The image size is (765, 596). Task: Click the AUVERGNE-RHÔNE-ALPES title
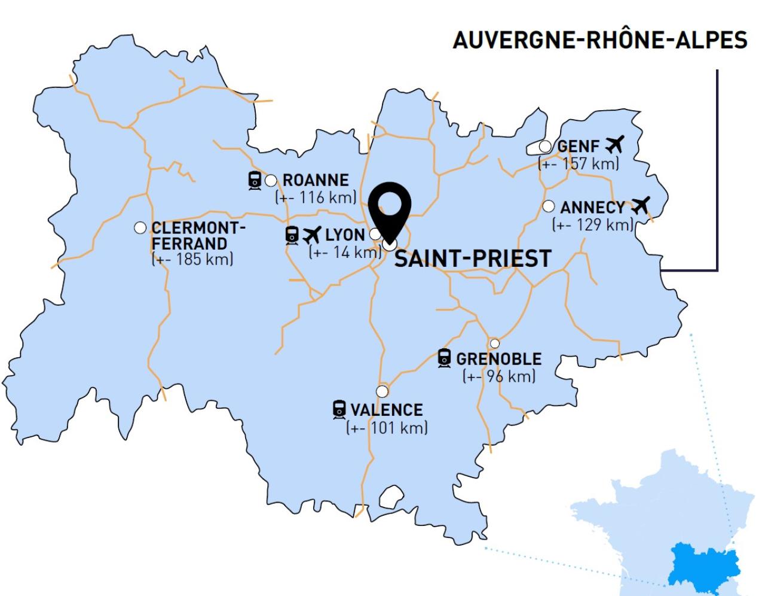point(599,40)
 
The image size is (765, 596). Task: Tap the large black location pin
point(390,206)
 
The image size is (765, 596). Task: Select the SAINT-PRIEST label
point(472,259)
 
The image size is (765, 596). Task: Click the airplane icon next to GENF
point(614,144)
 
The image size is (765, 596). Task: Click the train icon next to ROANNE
point(255,180)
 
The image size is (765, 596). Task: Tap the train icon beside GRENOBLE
point(444,358)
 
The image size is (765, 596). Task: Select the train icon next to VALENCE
point(339,409)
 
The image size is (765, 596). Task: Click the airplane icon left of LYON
point(311,235)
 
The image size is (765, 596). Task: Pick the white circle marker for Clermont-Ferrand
point(140,227)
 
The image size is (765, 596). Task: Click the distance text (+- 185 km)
point(192,260)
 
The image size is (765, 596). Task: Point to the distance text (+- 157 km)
point(579,163)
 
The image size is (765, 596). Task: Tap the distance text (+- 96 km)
point(499,376)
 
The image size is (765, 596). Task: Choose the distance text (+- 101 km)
point(387,427)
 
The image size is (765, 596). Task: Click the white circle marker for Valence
point(382,391)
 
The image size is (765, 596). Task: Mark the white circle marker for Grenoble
point(494,343)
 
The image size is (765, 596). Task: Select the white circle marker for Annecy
point(549,206)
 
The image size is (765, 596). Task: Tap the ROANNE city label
point(315,180)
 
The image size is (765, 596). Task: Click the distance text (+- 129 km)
point(592,224)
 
